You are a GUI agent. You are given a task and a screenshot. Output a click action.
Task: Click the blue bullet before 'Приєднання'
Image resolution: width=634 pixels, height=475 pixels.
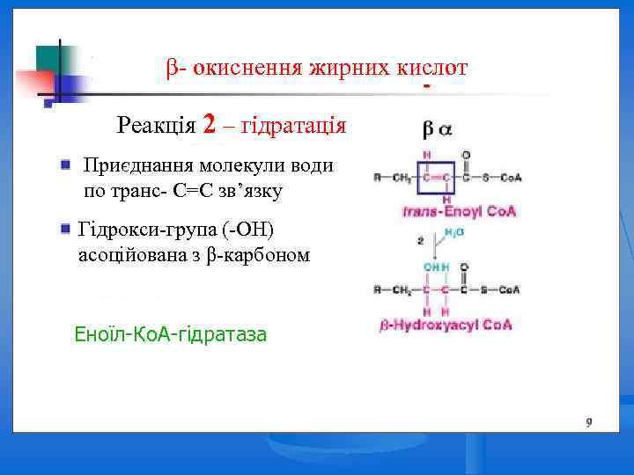[66, 164]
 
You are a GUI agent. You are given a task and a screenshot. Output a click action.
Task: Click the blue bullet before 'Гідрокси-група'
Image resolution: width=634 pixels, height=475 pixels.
[66, 229]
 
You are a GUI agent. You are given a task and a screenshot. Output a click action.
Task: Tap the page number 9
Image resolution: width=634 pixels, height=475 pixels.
[588, 422]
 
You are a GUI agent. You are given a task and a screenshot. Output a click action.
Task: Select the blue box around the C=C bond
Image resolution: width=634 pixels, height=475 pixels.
[437, 178]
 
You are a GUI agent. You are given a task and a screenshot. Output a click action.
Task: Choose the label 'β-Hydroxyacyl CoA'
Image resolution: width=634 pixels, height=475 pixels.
[446, 325]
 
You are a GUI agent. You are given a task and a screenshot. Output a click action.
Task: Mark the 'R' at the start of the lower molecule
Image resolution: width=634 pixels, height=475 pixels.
[377, 289]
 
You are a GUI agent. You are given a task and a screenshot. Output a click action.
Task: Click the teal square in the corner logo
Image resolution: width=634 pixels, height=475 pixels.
[48, 57]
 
